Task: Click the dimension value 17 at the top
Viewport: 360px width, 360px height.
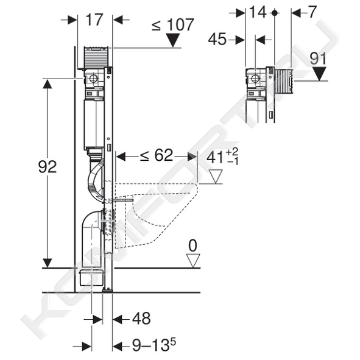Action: pos(94,19)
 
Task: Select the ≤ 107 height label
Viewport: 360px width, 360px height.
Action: pos(173,24)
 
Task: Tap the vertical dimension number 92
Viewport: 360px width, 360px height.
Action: pos(48,167)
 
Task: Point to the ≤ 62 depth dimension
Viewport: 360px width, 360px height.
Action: pos(157,155)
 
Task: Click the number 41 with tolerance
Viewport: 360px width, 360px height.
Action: pos(222,157)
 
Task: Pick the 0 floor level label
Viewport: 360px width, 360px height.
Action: pos(192,246)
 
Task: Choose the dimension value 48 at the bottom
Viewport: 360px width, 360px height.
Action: pos(141,319)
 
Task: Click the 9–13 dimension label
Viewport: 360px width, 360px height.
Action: pos(154,345)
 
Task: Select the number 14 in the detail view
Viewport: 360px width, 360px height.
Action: pos(258,12)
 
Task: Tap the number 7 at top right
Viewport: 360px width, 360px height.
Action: pos(312,12)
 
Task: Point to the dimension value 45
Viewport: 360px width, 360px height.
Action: pos(217,39)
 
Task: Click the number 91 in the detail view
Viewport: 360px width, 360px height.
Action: pos(318,58)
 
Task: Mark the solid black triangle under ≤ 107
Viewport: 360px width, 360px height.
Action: pos(173,40)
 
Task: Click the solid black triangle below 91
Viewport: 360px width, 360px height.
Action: pos(319,74)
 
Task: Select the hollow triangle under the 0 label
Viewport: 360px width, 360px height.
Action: pos(193,261)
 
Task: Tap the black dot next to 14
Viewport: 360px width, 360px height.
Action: pos(274,13)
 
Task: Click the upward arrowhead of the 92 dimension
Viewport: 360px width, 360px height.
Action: pos(48,84)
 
